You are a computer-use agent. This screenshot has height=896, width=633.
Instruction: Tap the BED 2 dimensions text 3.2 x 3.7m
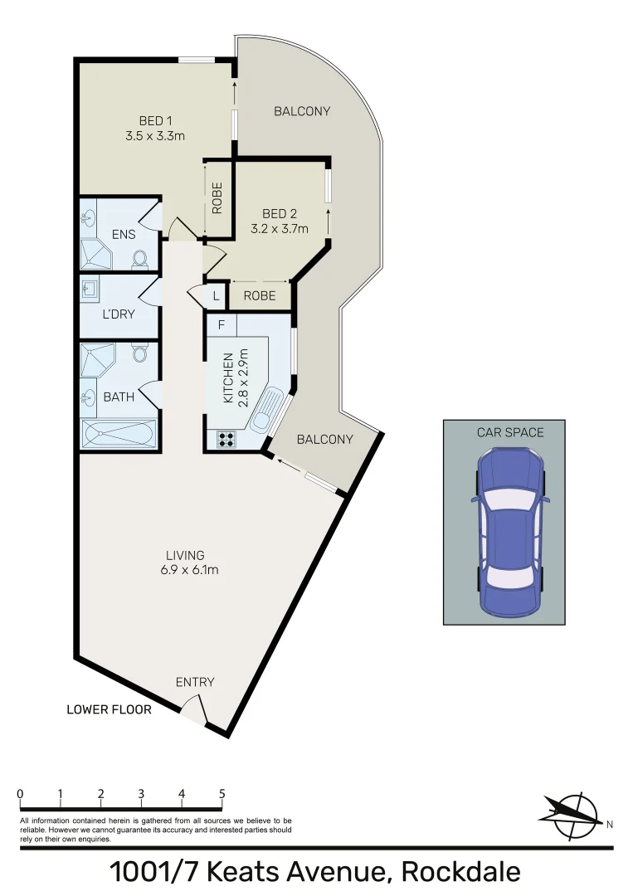pyautogui.click(x=280, y=229)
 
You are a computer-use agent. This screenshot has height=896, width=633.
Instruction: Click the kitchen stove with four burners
pyautogui.click(x=224, y=441)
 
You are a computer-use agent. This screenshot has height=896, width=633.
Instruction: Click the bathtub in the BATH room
pyautogui.click(x=119, y=434)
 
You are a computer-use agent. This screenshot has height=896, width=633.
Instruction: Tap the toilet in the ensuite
pyautogui.click(x=139, y=259)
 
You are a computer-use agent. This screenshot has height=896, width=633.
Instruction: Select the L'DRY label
pyautogui.click(x=118, y=314)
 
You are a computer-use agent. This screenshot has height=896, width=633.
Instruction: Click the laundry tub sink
pyautogui.click(x=90, y=290)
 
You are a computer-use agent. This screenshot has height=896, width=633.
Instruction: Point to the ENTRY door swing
pyautogui.click(x=194, y=709)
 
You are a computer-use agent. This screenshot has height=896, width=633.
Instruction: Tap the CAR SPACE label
pyautogui.click(x=510, y=432)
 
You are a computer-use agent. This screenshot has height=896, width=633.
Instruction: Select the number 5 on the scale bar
pyautogui.click(x=222, y=794)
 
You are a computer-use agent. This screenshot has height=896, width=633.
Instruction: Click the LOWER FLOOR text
pyautogui.click(x=110, y=709)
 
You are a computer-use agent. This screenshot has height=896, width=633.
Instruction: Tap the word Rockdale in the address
pyautogui.click(x=460, y=872)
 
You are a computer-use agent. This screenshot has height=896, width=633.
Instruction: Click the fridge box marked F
pyautogui.click(x=221, y=324)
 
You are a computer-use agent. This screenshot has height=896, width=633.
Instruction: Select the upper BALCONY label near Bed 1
pyautogui.click(x=302, y=111)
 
